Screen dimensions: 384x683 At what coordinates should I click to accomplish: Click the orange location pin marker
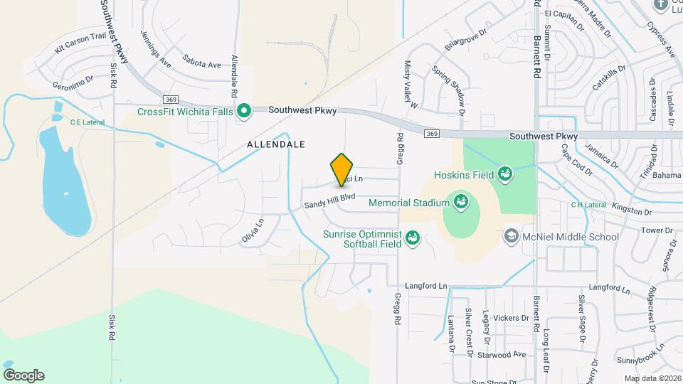point(342,169)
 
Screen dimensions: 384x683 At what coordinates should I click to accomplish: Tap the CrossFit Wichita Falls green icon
point(244,110)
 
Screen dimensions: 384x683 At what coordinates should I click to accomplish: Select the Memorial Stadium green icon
point(460,203)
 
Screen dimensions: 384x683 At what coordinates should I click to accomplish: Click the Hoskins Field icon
point(505,174)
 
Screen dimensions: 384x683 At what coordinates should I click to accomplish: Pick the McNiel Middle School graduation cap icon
point(510,236)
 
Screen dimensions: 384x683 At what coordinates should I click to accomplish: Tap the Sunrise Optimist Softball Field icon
point(412,239)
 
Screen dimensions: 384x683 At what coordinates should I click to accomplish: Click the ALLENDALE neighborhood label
point(276,144)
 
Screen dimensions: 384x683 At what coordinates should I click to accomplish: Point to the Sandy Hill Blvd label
point(329,201)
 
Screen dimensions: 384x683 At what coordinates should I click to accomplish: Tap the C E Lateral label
point(87,122)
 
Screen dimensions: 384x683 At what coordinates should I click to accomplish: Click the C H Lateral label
point(588,206)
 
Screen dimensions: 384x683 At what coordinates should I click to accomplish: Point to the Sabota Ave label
point(201,64)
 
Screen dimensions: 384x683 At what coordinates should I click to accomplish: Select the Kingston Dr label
point(632,212)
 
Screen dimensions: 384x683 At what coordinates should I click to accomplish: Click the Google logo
point(23,375)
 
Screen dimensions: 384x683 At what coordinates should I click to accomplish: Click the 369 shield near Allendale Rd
point(169,99)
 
